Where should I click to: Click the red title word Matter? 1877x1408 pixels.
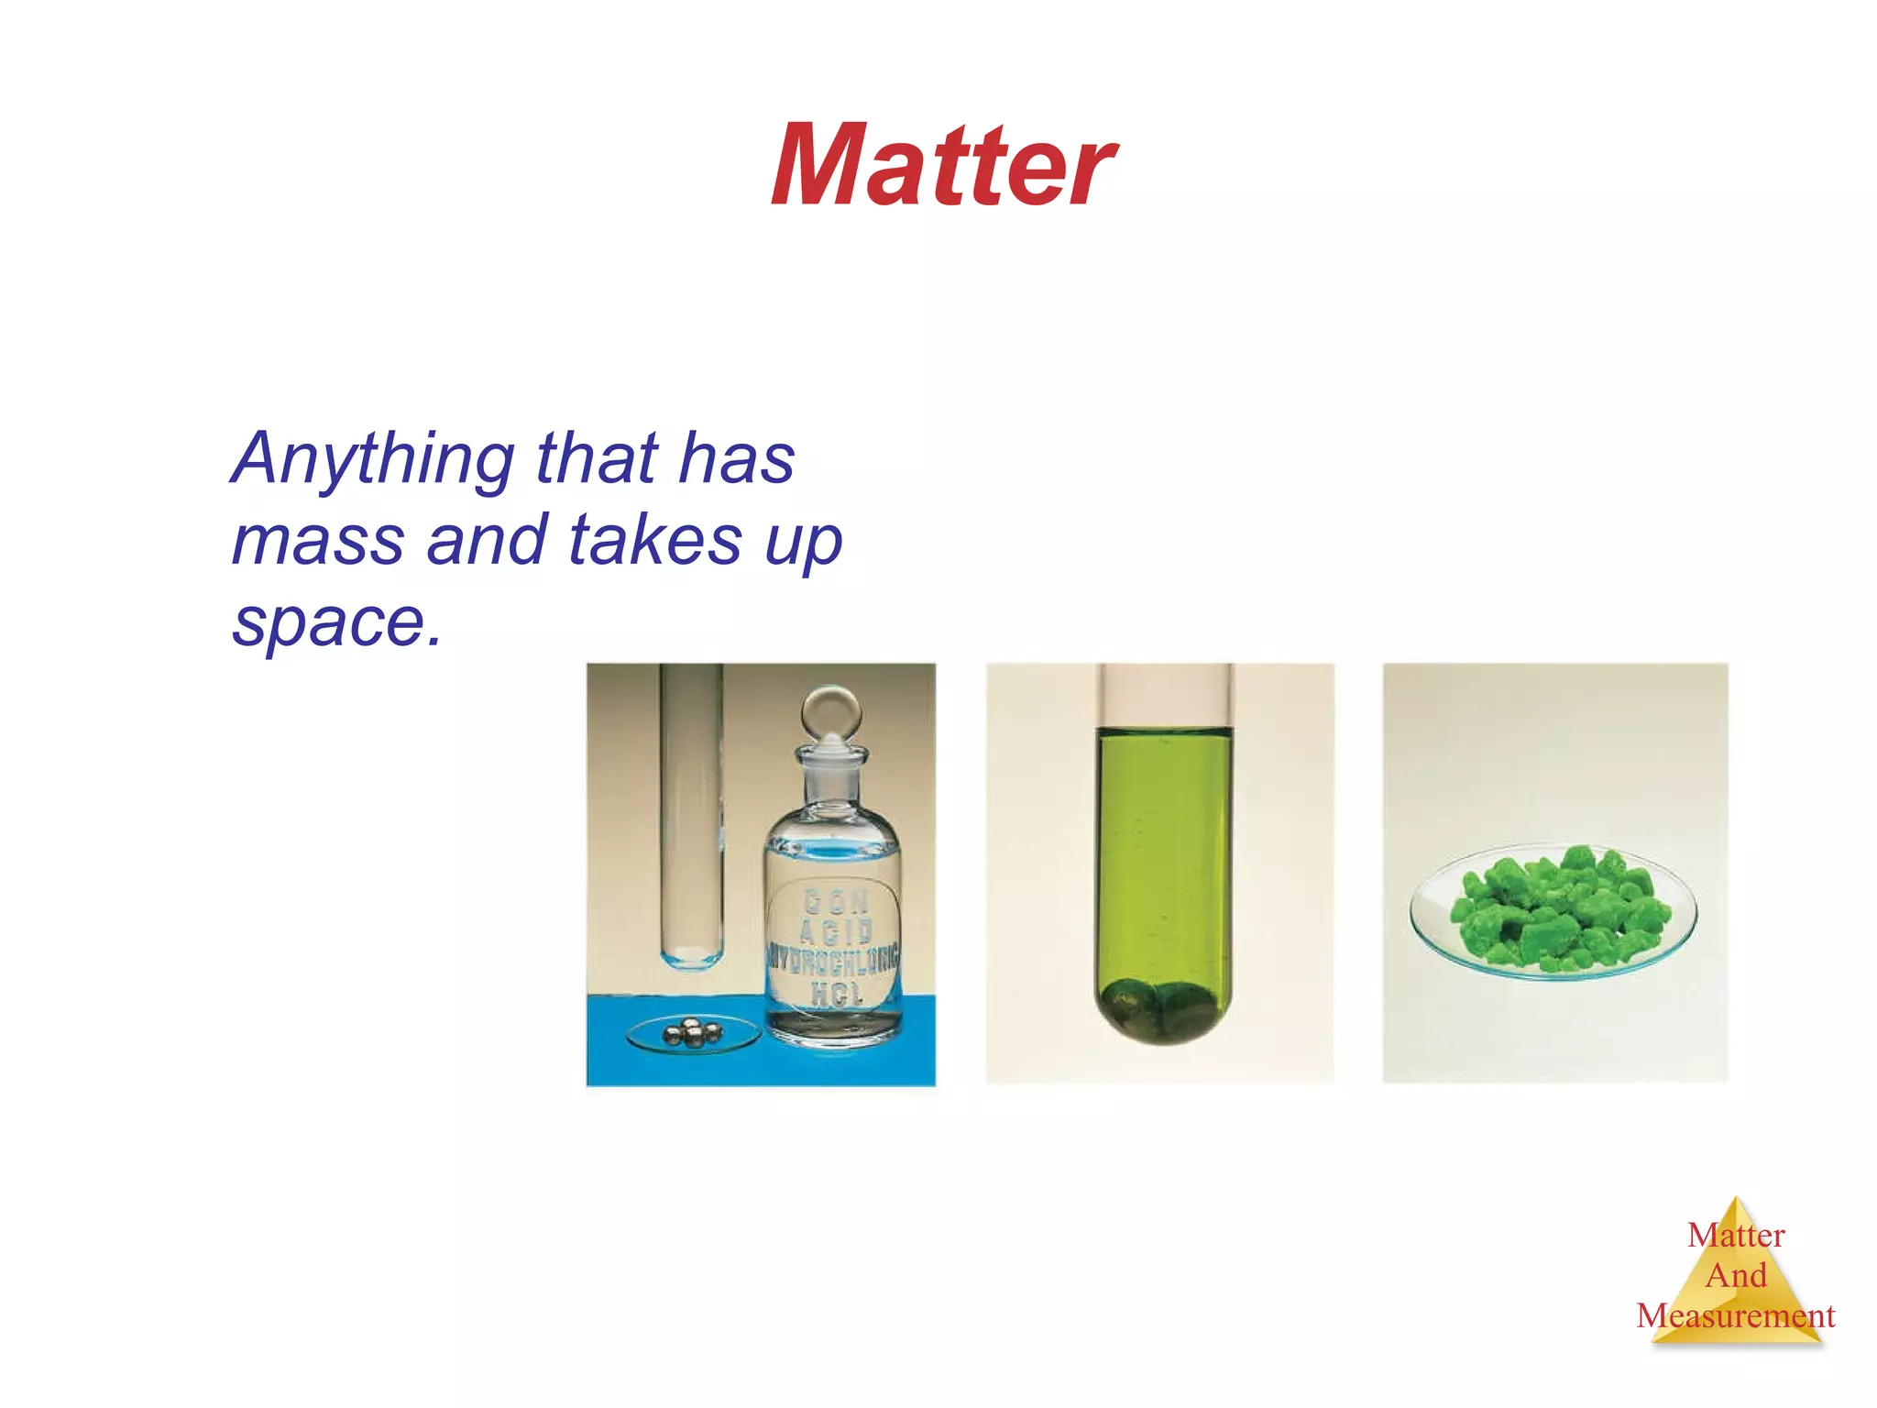click(x=942, y=167)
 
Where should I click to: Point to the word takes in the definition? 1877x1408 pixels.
click(x=654, y=540)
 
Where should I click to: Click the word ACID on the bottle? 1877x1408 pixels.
click(x=836, y=931)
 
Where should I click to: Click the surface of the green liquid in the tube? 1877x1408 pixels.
click(x=1164, y=731)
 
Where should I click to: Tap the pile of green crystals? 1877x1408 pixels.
click(x=1556, y=907)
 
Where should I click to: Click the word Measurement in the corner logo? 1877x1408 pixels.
click(x=1735, y=1316)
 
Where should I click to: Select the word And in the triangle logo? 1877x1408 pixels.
click(x=1735, y=1275)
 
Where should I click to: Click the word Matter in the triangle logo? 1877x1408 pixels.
click(x=1736, y=1236)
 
